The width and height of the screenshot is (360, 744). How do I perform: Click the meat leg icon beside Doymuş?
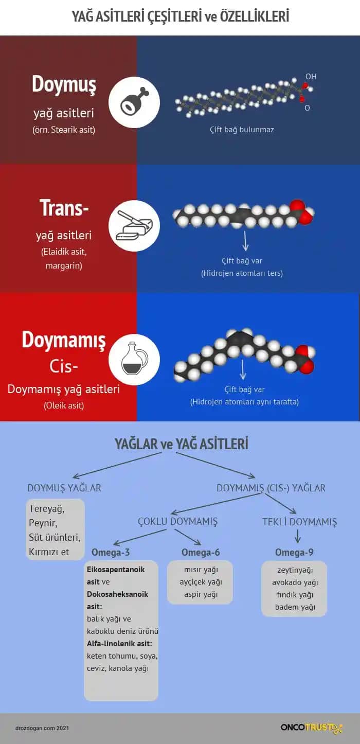click(x=134, y=102)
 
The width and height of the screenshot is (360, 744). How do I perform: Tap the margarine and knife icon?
click(x=134, y=226)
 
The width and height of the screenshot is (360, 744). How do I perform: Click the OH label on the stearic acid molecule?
click(x=311, y=77)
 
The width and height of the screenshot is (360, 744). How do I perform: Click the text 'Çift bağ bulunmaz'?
click(x=242, y=130)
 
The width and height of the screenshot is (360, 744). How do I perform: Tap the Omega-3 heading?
click(x=111, y=553)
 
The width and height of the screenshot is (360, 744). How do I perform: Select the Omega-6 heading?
click(x=201, y=553)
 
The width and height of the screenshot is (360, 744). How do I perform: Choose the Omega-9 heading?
click(x=294, y=553)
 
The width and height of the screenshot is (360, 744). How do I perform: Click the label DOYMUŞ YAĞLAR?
click(x=64, y=488)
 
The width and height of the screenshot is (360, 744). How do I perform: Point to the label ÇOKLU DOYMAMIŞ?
click(x=178, y=521)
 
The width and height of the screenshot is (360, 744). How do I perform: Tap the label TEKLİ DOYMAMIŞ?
click(x=300, y=522)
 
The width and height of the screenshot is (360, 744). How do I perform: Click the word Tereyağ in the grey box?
click(x=46, y=509)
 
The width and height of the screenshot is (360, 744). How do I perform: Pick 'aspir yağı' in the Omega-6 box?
click(x=201, y=594)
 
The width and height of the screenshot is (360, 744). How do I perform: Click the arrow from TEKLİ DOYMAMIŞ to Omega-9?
click(x=297, y=537)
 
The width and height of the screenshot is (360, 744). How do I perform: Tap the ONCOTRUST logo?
click(x=311, y=728)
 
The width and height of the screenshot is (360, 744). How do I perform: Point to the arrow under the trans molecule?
click(x=245, y=240)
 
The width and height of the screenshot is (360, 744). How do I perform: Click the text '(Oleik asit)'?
click(x=64, y=405)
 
